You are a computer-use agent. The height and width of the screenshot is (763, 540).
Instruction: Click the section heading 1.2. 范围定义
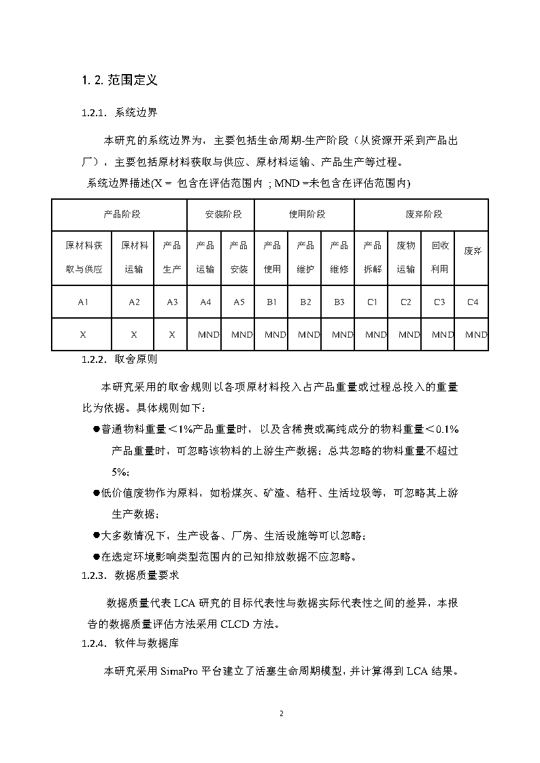coord(120,80)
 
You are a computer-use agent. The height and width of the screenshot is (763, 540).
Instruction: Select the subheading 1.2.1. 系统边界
coord(120,112)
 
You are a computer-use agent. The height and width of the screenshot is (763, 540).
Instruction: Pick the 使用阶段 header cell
coord(305,214)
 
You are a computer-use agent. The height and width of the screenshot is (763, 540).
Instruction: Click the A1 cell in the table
coord(83,302)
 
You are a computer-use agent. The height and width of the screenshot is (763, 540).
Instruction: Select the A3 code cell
coord(172,302)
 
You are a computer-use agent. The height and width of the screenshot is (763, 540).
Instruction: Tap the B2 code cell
coord(305,302)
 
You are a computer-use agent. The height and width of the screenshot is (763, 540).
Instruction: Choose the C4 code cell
coord(472,302)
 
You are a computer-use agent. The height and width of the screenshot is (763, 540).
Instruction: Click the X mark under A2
coord(134,334)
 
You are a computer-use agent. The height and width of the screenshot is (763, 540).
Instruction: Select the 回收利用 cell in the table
coord(439,257)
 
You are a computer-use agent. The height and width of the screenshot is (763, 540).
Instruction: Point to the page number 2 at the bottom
coord(281,714)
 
